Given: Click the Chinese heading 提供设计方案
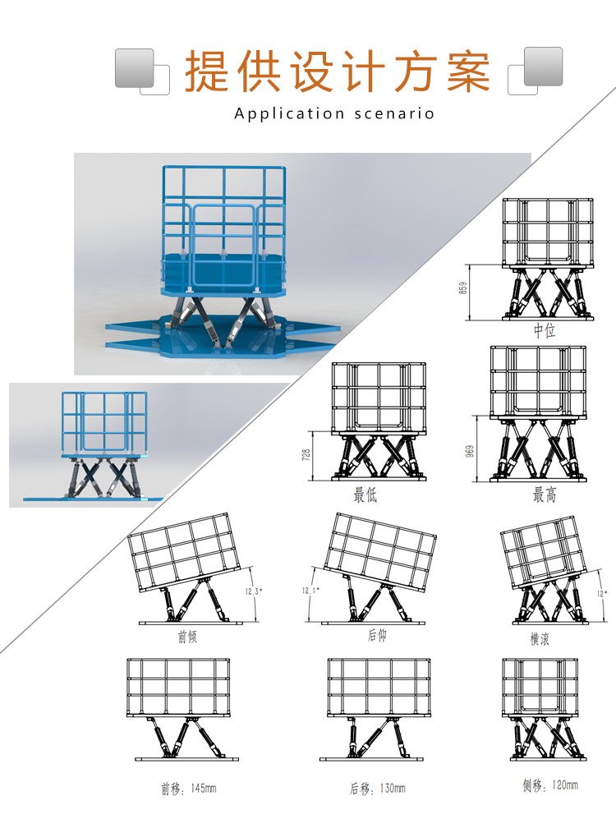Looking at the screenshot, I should (x=337, y=71).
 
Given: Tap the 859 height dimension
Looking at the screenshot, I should (x=463, y=288).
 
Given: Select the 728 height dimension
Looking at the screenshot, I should (x=307, y=455).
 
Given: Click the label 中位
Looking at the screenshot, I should (x=545, y=331).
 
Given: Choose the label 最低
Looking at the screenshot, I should (x=365, y=495).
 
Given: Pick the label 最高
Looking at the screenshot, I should (x=545, y=495).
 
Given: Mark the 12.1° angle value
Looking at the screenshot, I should (x=310, y=590).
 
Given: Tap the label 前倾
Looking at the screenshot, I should (x=187, y=637).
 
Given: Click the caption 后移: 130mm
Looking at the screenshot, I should (x=377, y=789).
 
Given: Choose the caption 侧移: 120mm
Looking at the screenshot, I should (x=549, y=785).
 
